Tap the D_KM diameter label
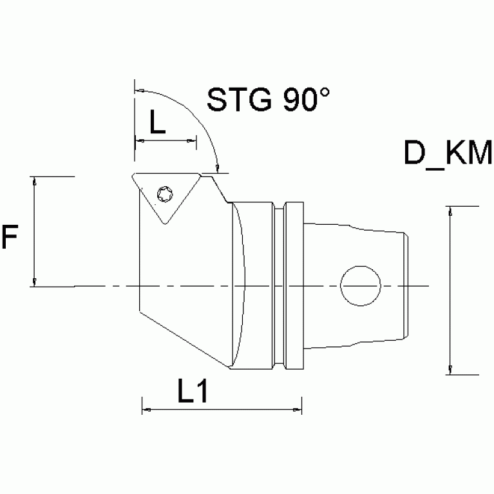[448, 155]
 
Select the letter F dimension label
[9, 237]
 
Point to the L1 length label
[192, 391]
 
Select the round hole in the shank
[360, 285]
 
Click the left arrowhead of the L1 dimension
[145, 408]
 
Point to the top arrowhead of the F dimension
[35, 180]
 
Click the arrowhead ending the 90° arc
[218, 169]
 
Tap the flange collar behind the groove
[294, 285]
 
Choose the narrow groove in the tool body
[280, 285]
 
